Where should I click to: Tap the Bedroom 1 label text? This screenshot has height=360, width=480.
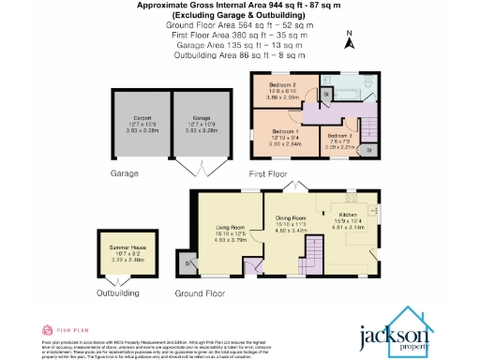point(286,131)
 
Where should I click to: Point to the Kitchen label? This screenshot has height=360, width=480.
point(347,214)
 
